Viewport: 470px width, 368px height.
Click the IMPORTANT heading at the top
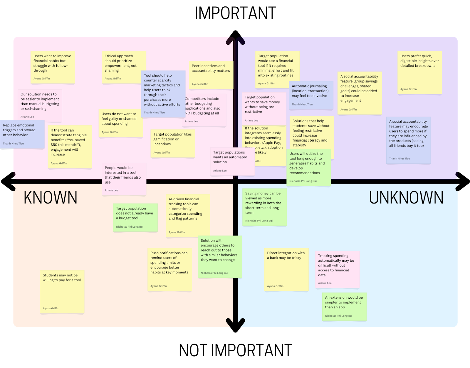(235, 13)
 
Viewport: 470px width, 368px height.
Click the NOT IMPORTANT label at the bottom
(235, 350)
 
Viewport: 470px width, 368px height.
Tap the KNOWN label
(51, 197)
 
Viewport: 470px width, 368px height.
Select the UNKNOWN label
(406, 197)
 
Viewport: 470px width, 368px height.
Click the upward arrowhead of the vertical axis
(235, 37)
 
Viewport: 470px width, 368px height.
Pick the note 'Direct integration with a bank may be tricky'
(286, 269)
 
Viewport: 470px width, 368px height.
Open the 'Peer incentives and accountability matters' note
(211, 75)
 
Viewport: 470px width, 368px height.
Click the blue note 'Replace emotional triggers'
(22, 134)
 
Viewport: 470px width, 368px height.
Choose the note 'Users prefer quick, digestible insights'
(419, 72)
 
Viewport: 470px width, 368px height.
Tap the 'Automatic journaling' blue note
(311, 95)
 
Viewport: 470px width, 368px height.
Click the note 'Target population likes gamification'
(172, 143)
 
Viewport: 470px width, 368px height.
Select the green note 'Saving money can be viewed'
(264, 207)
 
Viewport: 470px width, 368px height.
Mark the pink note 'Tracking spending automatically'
(337, 269)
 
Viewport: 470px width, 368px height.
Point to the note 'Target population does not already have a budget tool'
(135, 217)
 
